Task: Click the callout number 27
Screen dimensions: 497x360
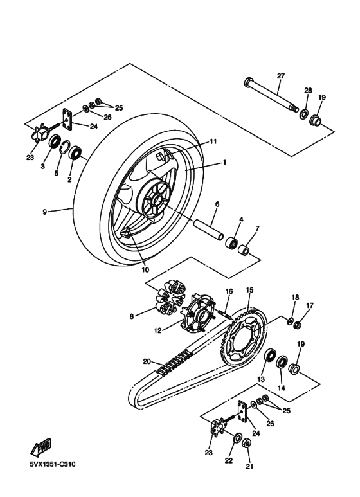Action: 280,76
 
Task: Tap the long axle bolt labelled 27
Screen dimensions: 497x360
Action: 271,94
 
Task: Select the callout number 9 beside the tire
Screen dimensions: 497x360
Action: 44,210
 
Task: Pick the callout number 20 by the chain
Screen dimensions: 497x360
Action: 147,361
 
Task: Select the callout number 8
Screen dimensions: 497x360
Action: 132,316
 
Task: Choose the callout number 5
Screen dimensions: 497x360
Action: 57,172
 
